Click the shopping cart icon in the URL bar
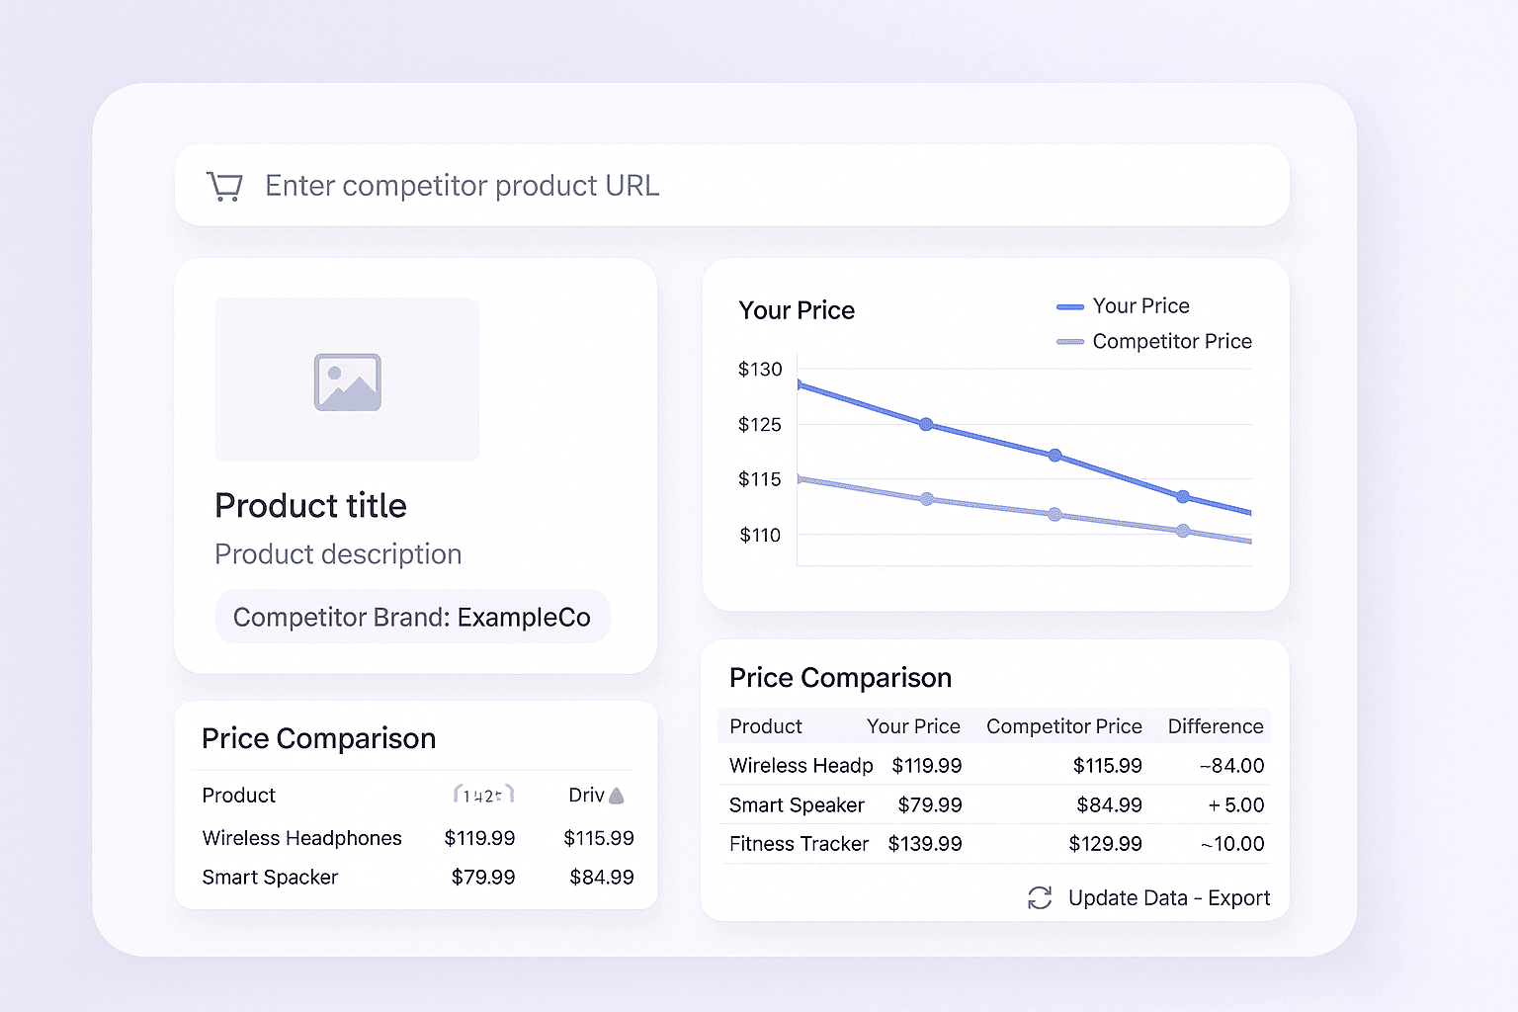coord(224,186)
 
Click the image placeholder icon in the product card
coord(347,381)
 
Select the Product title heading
coord(310,505)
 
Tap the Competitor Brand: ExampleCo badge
coord(411,617)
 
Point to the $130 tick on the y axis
coord(760,369)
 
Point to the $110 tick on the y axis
coord(760,535)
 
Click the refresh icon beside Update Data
coord(1040,897)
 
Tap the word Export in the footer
coord(1238,897)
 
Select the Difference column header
coord(1215,726)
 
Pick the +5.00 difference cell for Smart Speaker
coord(1235,804)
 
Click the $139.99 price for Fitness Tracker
coord(925,843)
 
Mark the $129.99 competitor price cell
coord(1105,843)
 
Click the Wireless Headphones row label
coord(301,838)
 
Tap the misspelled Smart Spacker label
coord(270,877)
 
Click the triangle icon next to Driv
coord(617,796)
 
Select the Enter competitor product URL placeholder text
coord(462,186)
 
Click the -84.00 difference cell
coord(1231,765)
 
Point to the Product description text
coord(338,553)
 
